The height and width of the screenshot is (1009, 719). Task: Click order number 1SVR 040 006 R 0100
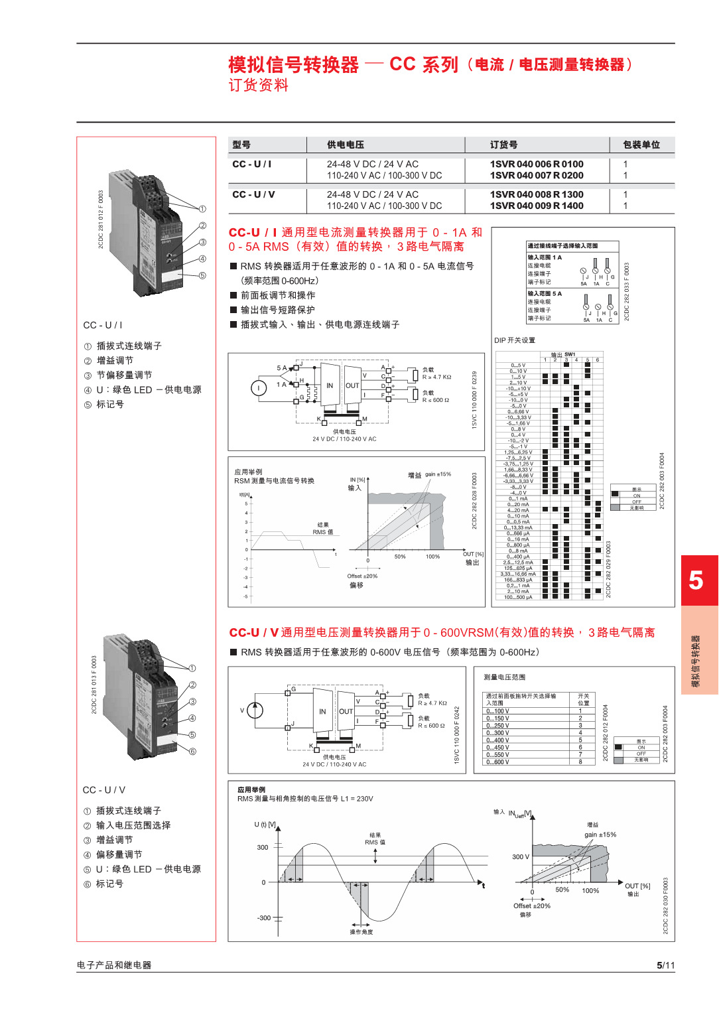536,164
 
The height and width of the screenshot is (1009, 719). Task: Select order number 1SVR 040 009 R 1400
536,206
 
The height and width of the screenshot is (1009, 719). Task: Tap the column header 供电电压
345,145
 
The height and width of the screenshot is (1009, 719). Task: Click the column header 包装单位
641,145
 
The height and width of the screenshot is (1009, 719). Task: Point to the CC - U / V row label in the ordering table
253,194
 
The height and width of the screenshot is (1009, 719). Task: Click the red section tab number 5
696,580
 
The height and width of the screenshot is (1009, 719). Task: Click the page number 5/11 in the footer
665,965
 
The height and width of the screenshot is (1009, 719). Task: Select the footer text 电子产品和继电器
114,965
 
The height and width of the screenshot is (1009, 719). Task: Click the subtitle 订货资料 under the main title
259,86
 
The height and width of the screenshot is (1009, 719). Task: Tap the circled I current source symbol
259,388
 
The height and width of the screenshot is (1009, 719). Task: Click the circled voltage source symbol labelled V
255,710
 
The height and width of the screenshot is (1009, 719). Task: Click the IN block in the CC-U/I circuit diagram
330,385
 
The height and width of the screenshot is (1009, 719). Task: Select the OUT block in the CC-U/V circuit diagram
346,711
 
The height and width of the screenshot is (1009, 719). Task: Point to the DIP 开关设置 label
515,340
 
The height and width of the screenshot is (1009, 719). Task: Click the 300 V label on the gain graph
521,856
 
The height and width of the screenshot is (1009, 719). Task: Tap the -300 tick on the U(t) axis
264,918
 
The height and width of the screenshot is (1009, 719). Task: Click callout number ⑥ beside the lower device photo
192,752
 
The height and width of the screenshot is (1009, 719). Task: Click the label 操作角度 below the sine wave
361,932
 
